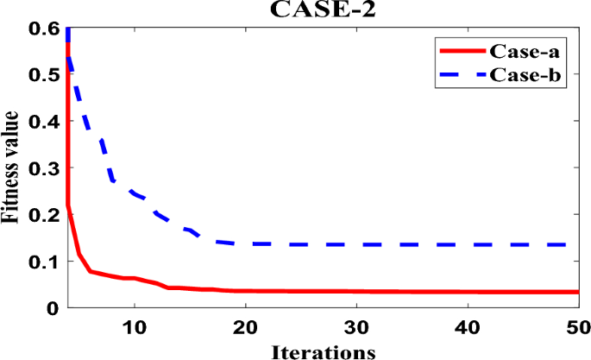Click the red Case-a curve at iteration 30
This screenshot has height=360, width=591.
[356, 291]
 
